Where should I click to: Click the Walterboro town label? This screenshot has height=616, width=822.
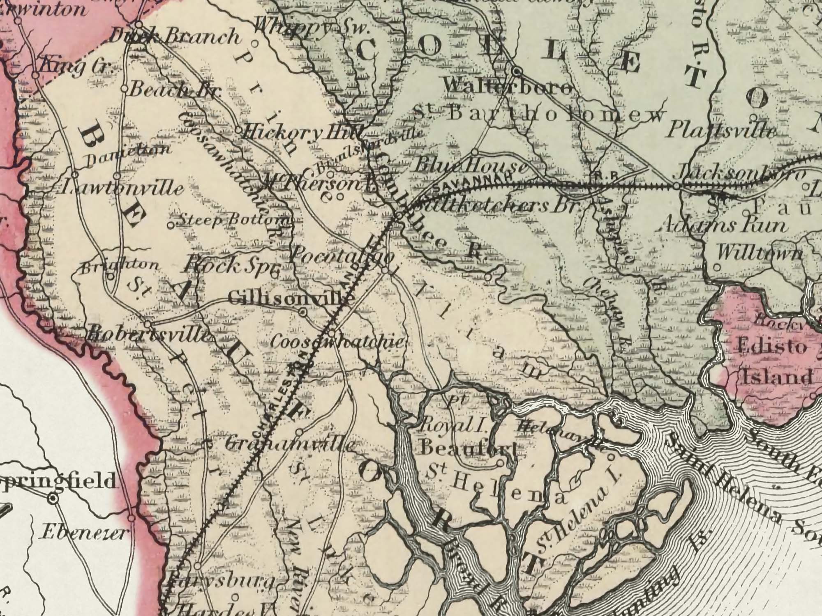(x=508, y=87)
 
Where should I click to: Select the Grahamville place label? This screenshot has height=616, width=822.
(x=290, y=445)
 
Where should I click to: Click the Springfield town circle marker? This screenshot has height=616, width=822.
(x=52, y=499)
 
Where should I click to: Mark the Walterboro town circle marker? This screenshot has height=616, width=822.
(x=517, y=71)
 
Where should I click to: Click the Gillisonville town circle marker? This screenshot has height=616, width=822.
(x=303, y=313)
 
